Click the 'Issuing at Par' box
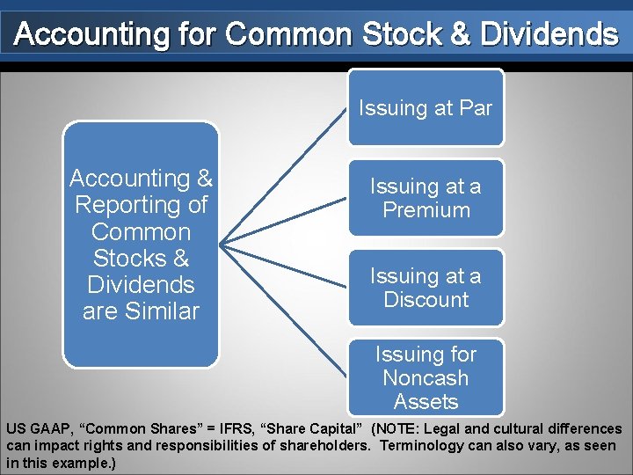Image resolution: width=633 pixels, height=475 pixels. point(426,108)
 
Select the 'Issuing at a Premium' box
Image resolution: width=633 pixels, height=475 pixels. point(426,198)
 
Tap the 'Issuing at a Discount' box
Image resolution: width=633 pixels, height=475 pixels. point(426,288)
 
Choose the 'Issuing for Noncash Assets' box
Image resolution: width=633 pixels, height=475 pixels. point(426,377)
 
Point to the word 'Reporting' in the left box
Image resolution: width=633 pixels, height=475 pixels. point(142,205)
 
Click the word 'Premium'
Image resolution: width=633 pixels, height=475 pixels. point(426,210)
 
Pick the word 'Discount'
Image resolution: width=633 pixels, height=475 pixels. point(426,300)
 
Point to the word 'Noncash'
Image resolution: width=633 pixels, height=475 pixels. point(426,378)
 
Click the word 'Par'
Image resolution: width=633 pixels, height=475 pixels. point(476,109)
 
